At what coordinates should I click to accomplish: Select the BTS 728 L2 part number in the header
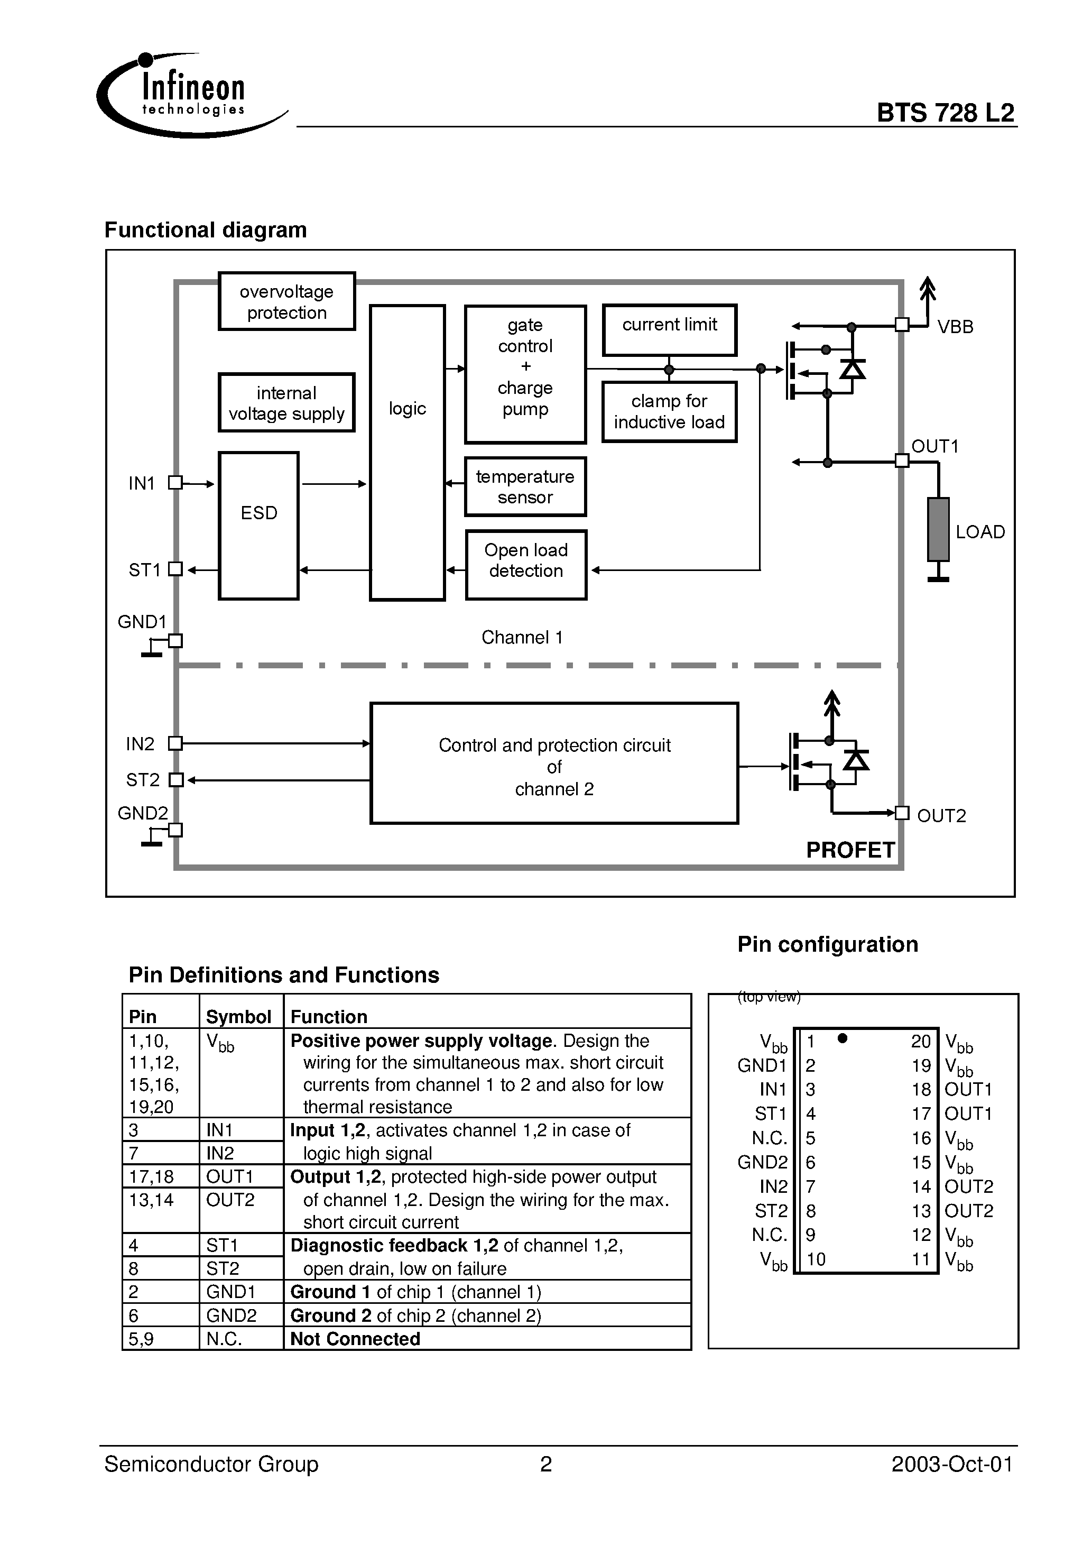tap(945, 113)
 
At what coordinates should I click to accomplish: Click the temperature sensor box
tap(525, 487)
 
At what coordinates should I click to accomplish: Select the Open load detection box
tap(526, 565)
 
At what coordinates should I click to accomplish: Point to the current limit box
tap(669, 329)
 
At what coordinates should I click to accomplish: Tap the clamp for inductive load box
tap(669, 411)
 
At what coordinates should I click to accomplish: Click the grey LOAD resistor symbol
tap(938, 529)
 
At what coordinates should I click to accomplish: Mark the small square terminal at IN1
tap(175, 483)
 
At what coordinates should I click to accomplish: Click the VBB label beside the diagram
tap(955, 327)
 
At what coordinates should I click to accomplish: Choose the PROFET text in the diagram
tap(850, 850)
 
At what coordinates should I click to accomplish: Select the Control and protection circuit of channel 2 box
tap(554, 763)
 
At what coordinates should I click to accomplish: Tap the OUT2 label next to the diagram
tap(941, 816)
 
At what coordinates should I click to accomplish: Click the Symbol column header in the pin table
tap(238, 1017)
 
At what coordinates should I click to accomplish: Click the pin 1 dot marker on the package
tap(841, 1038)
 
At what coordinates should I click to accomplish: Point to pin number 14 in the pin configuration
tap(920, 1187)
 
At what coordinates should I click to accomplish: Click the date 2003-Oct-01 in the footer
tap(951, 1465)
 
